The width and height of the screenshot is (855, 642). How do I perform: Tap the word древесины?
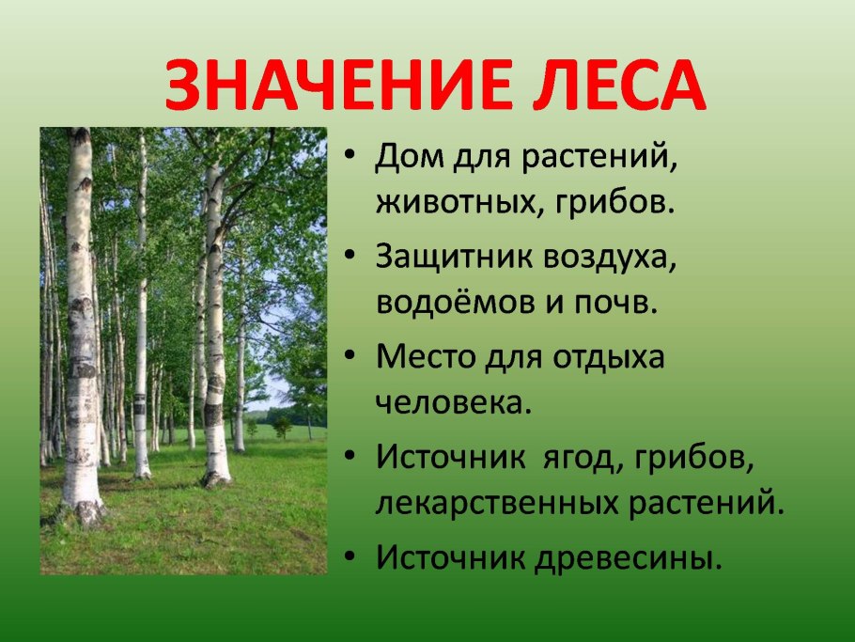[x=630, y=558]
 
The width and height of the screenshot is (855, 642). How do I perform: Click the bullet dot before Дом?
[x=350, y=158]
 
